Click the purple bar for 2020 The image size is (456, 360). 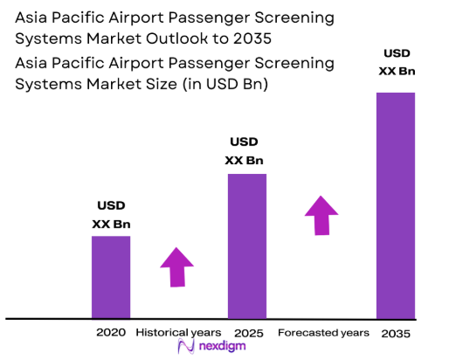click(x=111, y=277)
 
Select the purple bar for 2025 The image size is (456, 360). click(x=247, y=246)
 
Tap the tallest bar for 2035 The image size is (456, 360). click(x=395, y=205)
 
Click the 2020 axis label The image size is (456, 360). click(x=111, y=332)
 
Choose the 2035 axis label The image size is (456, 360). click(x=395, y=333)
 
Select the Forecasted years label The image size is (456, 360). click(x=323, y=332)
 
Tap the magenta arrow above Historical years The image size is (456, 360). click(x=177, y=267)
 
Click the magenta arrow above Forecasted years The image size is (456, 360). click(x=321, y=215)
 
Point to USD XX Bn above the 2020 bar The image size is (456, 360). click(x=110, y=214)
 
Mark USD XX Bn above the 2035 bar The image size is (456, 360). click(x=396, y=62)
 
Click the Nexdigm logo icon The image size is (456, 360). click(x=185, y=347)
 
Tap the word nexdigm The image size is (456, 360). click(x=222, y=347)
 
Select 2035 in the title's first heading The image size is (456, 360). click(x=258, y=39)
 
